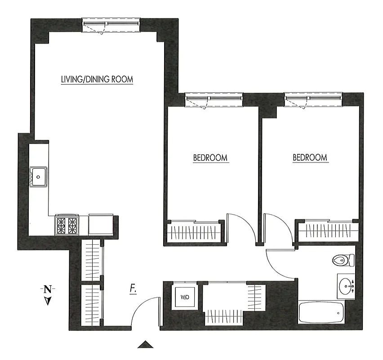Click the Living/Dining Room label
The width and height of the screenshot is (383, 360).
click(97, 80)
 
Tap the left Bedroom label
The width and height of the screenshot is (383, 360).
click(210, 158)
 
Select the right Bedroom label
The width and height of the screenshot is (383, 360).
click(310, 157)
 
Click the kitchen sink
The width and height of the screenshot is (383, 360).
click(39, 176)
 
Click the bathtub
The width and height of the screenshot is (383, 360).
click(321, 312)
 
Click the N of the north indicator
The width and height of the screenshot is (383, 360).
click(47, 289)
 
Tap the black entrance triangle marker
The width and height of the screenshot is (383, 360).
click(145, 345)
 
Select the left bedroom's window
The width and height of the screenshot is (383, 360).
click(214, 99)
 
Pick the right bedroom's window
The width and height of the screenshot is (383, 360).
click(313, 99)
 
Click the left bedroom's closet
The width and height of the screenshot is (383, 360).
click(194, 232)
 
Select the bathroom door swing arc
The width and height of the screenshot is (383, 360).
click(279, 263)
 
